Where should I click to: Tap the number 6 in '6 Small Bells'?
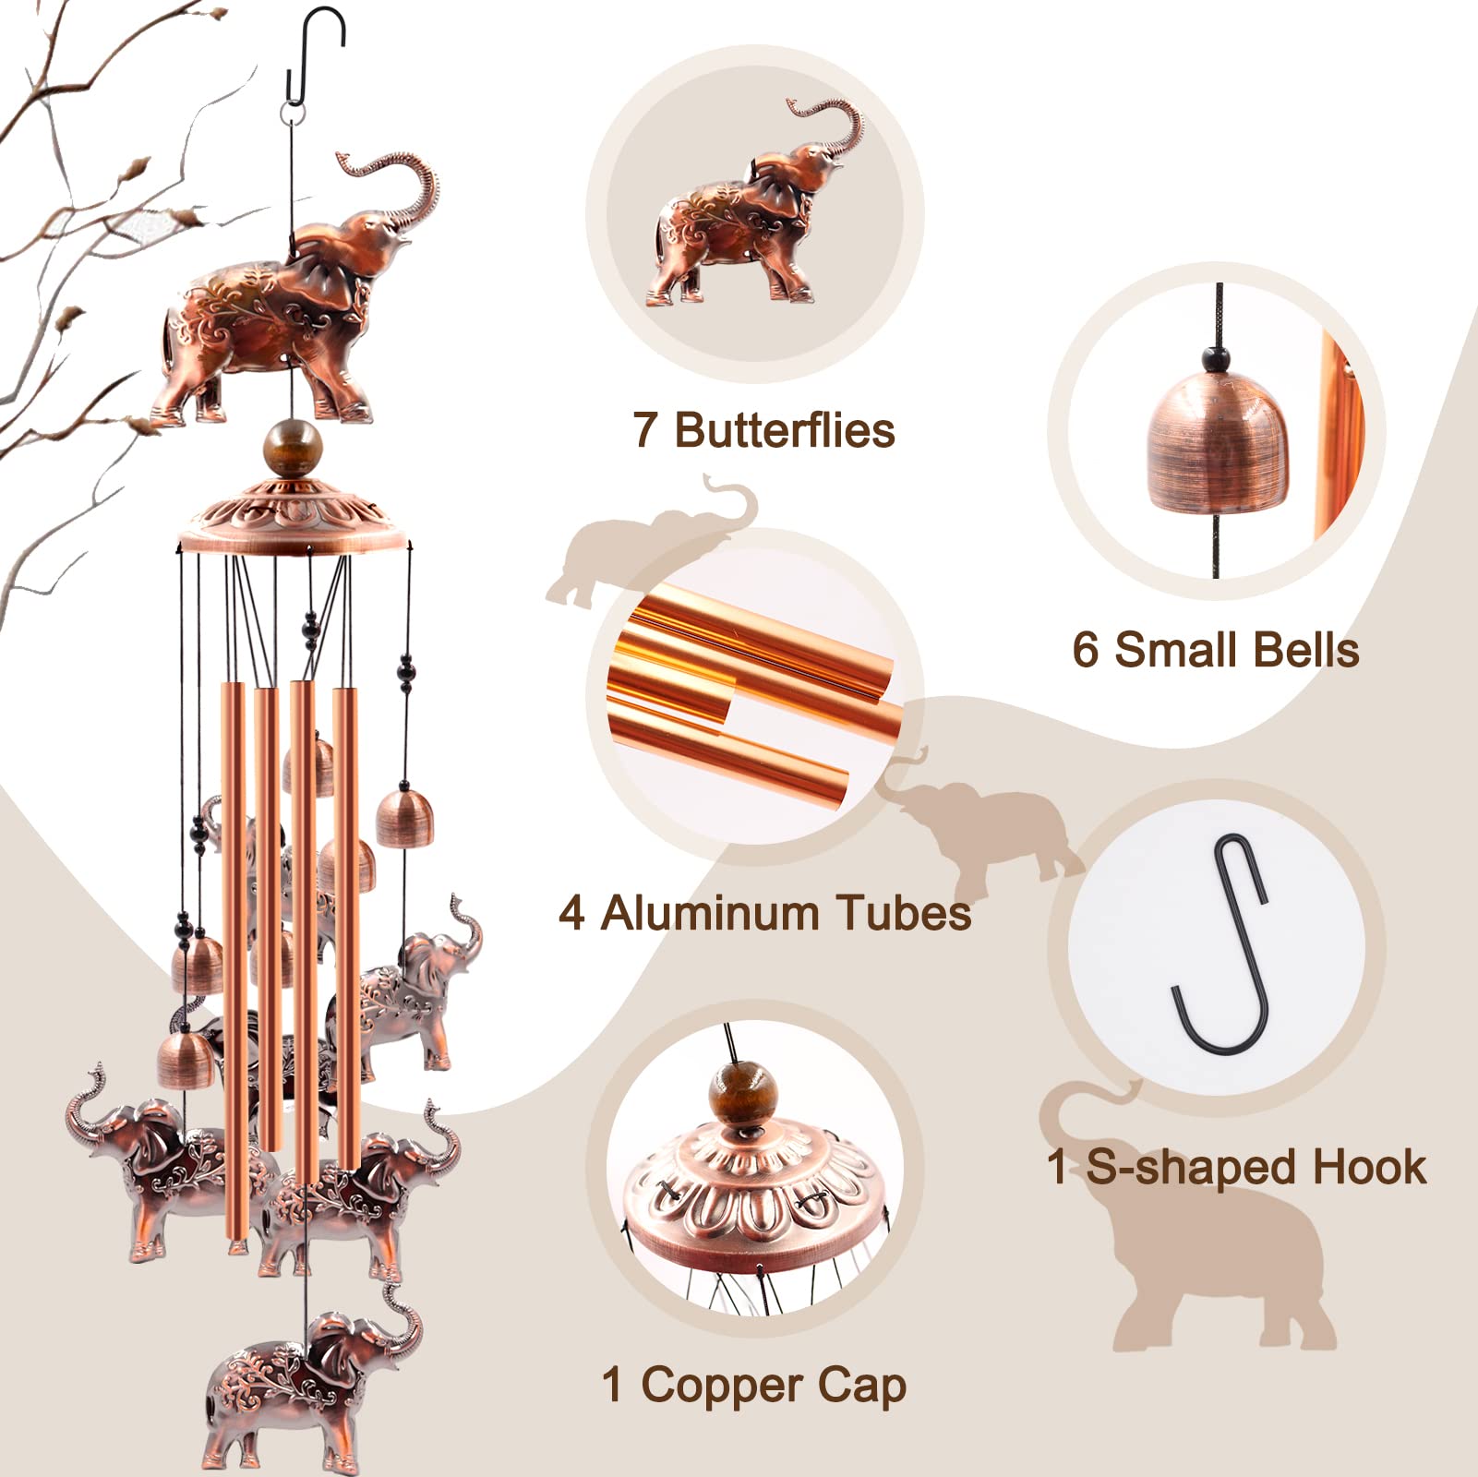pos(1085,650)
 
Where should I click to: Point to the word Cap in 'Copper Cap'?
pos(860,1387)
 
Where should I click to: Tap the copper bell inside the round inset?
pos(1219,448)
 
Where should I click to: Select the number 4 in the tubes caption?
pos(571,913)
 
